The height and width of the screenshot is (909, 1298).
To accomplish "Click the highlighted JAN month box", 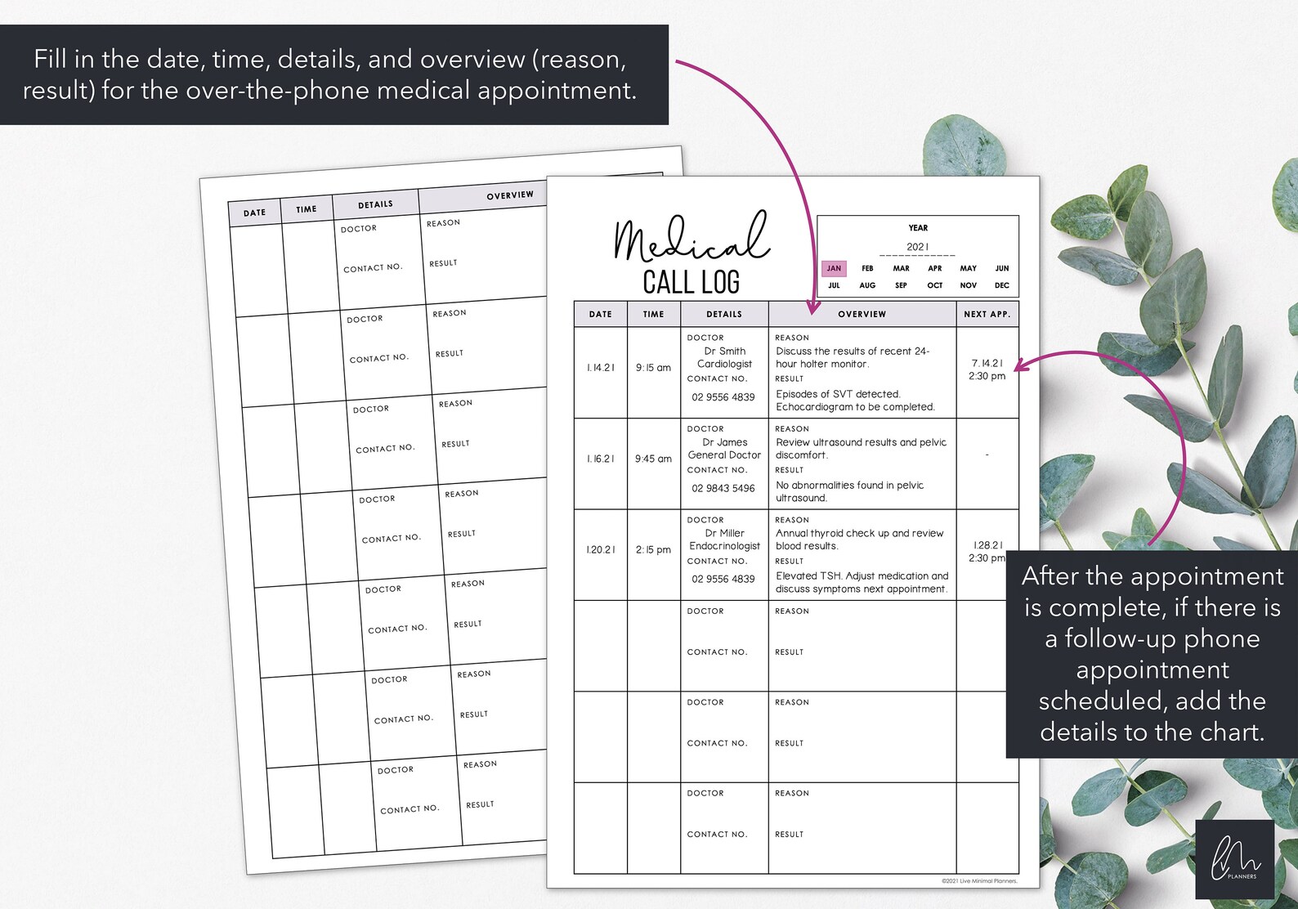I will pos(834,268).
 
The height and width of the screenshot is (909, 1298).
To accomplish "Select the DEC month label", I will pos(1001,285).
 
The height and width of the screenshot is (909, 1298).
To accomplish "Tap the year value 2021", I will pos(917,247).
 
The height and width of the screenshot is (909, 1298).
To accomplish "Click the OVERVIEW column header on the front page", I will pos(862,314).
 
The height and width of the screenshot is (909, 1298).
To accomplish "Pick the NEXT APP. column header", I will pos(987,314).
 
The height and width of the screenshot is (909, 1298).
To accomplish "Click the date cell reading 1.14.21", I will pos(601,368).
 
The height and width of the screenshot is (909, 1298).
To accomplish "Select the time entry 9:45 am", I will pos(653,459).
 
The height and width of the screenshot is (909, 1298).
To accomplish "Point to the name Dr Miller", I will pos(724,533).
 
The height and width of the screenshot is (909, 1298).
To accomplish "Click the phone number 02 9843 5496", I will pos(723,488).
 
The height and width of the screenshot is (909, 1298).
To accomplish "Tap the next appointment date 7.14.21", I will pos(987,363).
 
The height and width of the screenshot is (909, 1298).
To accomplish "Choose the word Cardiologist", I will pos(724,364).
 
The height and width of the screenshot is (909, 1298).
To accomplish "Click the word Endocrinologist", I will pos(724,546).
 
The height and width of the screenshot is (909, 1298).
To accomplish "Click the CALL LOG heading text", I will pos(691,282).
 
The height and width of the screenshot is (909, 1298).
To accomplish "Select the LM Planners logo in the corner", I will pos(1234,859).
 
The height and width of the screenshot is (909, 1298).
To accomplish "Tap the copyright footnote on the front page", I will pos(979,881).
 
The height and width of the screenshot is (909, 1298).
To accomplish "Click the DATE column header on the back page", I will pos(254,213).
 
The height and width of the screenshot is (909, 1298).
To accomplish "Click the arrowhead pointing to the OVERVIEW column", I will pos(812,308).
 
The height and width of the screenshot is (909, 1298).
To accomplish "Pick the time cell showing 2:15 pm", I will pos(653,549).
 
